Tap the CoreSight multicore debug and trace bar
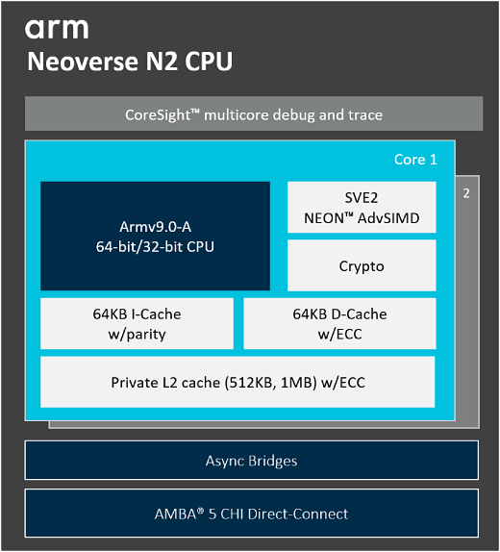pos(254,114)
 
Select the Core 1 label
pos(415,160)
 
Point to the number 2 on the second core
pos(466,193)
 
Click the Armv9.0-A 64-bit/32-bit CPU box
pos(155,236)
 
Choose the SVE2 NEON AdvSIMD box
pos(362,208)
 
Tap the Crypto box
pos(362,266)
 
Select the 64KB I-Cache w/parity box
pos(137,324)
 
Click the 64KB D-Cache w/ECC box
pos(339,324)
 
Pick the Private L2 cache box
pos(237,383)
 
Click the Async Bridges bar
pos(251,461)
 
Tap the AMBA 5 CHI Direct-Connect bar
pos(251,514)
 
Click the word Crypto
pos(362,266)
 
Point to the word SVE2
pos(362,198)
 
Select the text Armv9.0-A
pos(155,227)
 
